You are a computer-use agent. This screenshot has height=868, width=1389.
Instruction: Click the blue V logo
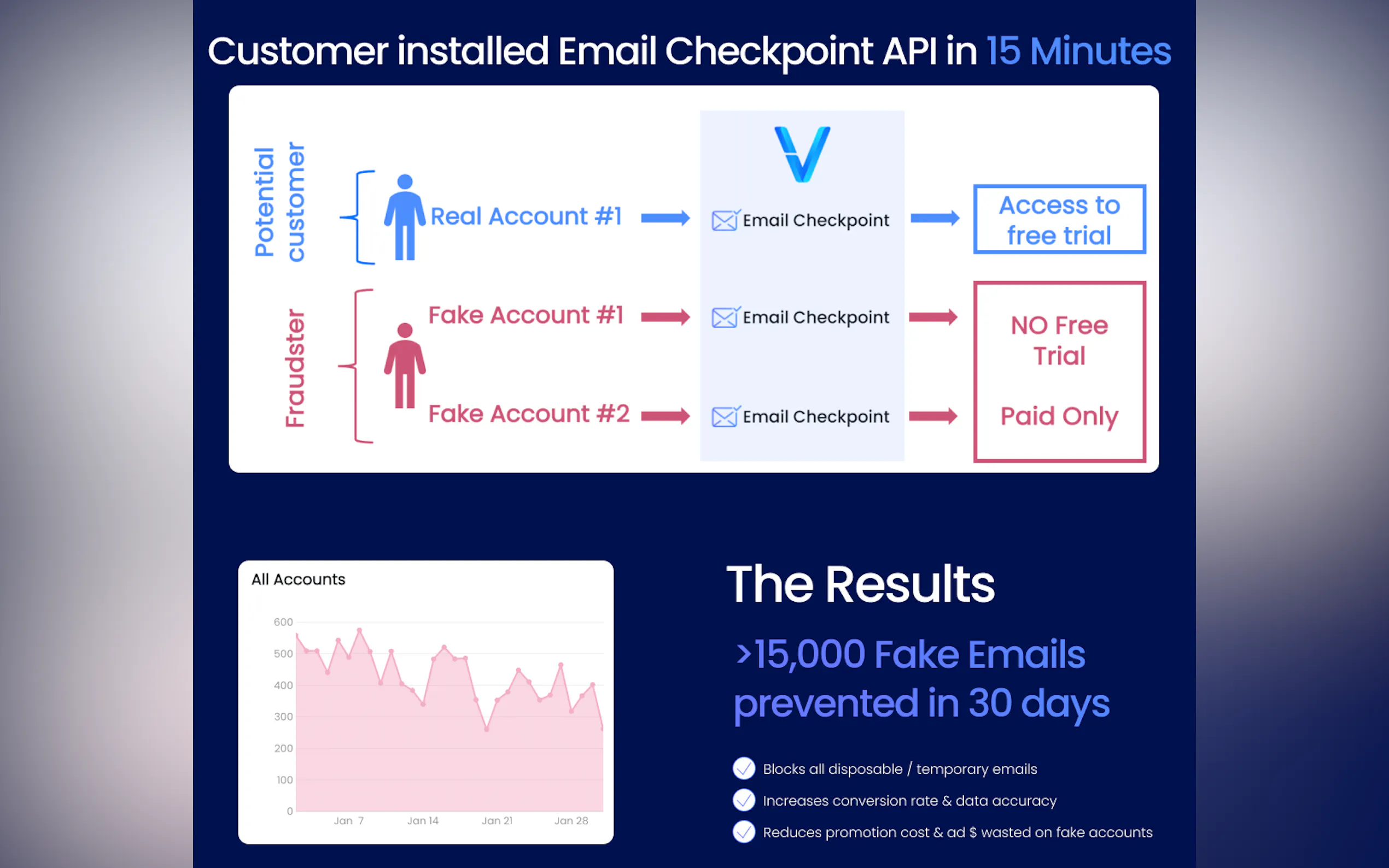(802, 154)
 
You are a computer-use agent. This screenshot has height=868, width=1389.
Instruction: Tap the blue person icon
(405, 217)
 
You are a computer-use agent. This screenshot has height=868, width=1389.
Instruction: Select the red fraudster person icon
(405, 365)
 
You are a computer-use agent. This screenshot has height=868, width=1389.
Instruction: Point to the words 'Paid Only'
(1059, 416)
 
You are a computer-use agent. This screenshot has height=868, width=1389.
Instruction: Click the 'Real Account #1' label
(526, 216)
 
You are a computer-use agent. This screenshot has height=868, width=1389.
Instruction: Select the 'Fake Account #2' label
(529, 414)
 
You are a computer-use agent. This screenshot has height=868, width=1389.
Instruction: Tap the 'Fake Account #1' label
(526, 315)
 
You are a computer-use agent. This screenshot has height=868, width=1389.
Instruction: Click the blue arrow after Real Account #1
(666, 218)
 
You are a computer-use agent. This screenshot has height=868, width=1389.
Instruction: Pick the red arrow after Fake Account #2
(666, 415)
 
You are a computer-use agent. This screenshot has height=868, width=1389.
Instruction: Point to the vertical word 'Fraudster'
(295, 368)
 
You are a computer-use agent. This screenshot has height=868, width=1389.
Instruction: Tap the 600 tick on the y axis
(283, 622)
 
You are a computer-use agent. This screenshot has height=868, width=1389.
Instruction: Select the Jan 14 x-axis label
(423, 821)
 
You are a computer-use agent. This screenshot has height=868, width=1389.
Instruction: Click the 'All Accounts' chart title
(298, 579)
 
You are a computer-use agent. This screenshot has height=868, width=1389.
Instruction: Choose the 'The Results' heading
(861, 584)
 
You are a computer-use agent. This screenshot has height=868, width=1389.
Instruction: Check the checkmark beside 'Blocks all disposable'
(744, 768)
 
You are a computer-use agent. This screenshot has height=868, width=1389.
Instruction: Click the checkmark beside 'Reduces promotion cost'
(744, 832)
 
